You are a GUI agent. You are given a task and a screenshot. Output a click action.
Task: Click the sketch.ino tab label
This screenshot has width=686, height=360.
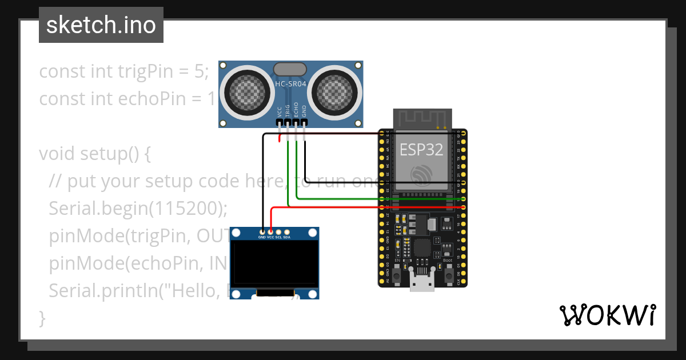(101, 25)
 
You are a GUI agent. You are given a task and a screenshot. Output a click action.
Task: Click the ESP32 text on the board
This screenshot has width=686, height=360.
(421, 150)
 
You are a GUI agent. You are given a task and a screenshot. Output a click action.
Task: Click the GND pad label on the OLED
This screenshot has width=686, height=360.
(262, 237)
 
